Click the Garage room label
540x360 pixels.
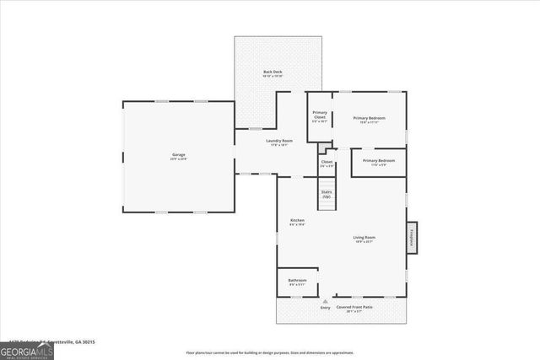click(x=179, y=154)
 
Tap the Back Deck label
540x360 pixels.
click(x=272, y=72)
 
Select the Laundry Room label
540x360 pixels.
click(x=279, y=140)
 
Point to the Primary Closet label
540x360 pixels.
click(x=320, y=116)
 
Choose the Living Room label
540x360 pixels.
click(x=364, y=237)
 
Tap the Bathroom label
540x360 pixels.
click(x=297, y=280)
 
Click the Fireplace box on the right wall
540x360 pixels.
click(x=413, y=238)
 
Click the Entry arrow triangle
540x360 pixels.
click(x=325, y=300)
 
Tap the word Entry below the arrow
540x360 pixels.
click(x=325, y=308)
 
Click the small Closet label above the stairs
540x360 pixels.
click(x=327, y=161)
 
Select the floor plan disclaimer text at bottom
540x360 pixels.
click(x=270, y=352)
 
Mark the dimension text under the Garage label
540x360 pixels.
click(x=179, y=159)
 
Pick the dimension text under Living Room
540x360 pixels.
click(x=364, y=242)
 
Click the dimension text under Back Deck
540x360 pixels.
click(x=272, y=77)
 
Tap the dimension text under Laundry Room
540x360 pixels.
click(x=279, y=145)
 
